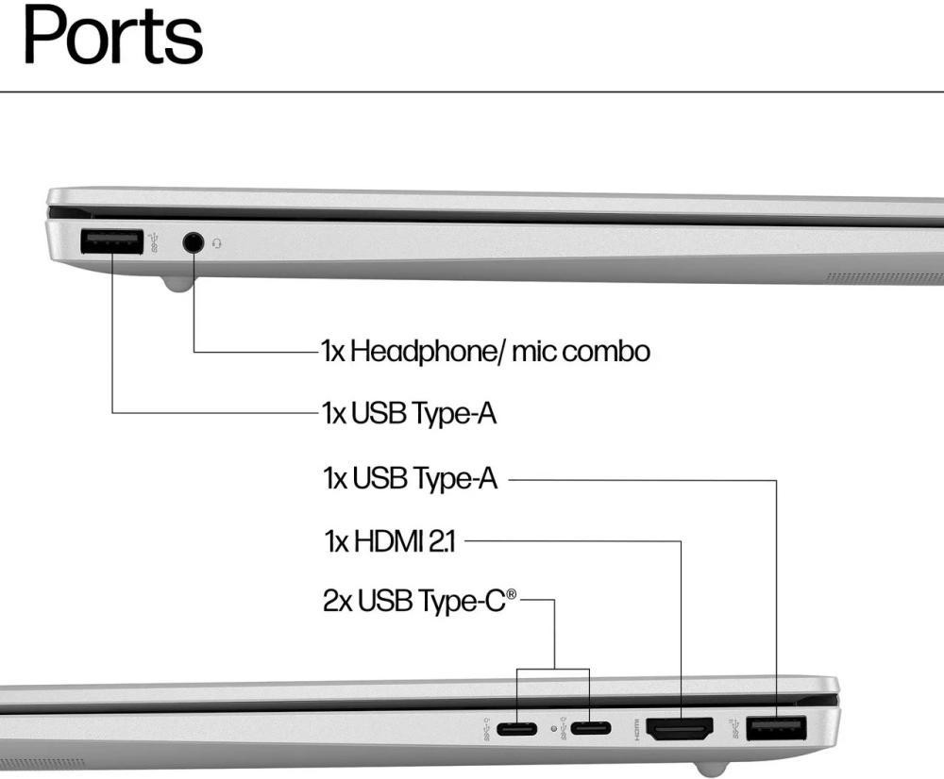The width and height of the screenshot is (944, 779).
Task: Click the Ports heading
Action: pos(112,36)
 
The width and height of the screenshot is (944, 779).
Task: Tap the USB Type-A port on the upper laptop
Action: pos(111,242)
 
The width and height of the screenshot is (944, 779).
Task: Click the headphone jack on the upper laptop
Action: pos(194,243)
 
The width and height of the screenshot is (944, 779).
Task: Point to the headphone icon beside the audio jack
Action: pos(218,243)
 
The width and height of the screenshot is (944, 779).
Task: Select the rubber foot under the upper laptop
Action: pos(176,282)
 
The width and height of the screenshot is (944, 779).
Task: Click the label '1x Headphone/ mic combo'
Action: pos(485,352)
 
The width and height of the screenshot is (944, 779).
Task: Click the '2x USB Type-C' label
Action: pos(420,601)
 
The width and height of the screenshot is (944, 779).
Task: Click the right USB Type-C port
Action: pos(590,729)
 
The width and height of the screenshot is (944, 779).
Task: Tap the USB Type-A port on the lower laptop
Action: pos(776,729)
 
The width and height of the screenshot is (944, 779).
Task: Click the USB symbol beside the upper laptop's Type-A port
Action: pos(156,242)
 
